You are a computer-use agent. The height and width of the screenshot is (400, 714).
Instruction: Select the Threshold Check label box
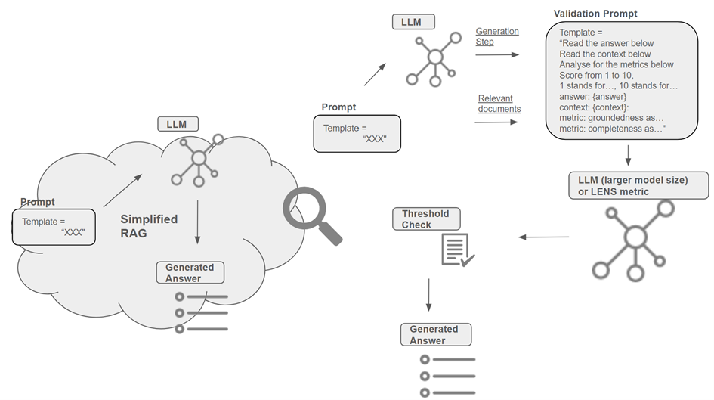coord(426,219)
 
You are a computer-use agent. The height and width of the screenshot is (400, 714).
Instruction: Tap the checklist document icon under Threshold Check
coord(458,250)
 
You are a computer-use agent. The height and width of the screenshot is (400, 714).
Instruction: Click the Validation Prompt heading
coord(595,14)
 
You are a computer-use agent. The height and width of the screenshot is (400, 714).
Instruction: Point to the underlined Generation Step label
coord(497,36)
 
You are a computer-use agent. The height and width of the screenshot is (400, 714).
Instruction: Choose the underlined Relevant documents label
coord(499,104)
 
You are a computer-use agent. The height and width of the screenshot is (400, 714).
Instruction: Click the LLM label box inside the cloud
coord(178,124)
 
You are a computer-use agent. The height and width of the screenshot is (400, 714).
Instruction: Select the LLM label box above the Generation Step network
coord(413,22)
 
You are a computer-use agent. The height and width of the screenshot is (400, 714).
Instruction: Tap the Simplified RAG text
coord(149,226)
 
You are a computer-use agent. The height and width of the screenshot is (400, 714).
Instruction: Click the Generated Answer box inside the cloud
coord(190,272)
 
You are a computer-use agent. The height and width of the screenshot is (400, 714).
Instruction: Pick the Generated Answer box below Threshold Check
coord(436,335)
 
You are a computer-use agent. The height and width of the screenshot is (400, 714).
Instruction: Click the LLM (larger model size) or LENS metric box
coord(638,185)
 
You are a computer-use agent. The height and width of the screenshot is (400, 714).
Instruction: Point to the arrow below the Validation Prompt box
coord(628,155)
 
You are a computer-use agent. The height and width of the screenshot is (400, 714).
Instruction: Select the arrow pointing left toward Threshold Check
coord(544,237)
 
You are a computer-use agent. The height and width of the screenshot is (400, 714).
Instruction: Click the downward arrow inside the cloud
coord(197,222)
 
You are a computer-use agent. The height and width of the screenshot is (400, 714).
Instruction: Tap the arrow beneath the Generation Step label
coord(497,54)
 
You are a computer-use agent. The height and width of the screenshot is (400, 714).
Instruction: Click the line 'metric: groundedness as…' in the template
coord(611,118)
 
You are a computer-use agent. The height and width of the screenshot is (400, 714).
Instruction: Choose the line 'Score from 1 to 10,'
coord(596,75)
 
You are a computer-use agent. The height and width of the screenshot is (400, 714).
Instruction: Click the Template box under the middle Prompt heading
coord(357,134)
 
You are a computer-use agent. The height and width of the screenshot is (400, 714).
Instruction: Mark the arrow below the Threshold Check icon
coord(428,295)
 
